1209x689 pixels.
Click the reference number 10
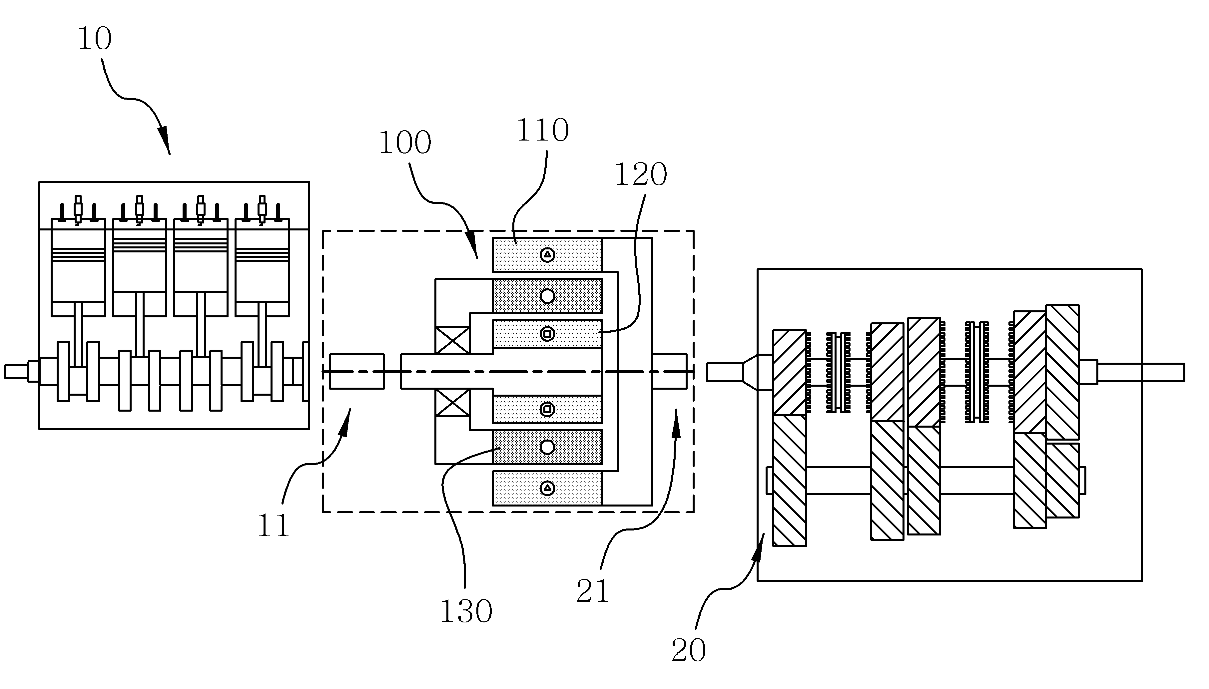click(x=95, y=39)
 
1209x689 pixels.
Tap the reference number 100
click(x=405, y=143)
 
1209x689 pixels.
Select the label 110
click(x=542, y=130)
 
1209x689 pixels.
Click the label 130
click(x=466, y=611)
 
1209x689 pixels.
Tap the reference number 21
click(x=593, y=591)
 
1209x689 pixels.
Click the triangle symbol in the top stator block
click(x=548, y=255)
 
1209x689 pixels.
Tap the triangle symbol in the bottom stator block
click(x=548, y=488)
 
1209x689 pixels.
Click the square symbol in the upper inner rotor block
click(x=548, y=334)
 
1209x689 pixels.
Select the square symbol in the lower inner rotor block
click(x=548, y=409)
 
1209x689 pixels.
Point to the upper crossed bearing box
click(x=452, y=340)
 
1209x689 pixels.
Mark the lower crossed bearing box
click(x=452, y=403)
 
